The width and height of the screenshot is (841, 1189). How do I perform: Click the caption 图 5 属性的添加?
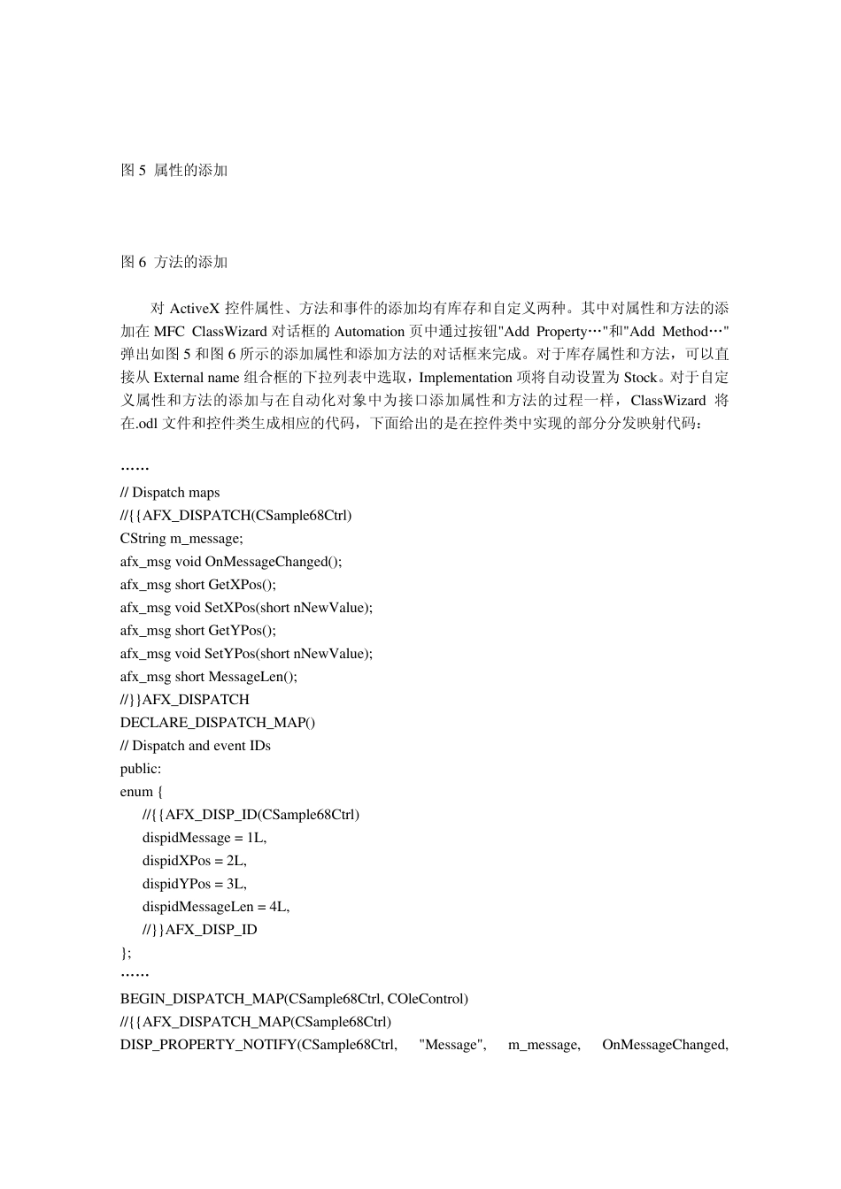(x=174, y=170)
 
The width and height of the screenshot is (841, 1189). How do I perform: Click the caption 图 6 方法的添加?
(x=174, y=262)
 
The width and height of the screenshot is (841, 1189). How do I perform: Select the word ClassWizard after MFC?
(x=229, y=332)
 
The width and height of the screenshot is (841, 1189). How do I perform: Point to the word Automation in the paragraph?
(x=369, y=332)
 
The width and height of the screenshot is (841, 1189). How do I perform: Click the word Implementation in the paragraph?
(x=465, y=378)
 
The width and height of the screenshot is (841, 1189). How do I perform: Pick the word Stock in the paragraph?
(x=640, y=378)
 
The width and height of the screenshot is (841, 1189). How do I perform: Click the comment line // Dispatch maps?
(x=170, y=493)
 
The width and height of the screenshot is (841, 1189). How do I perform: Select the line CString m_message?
(x=181, y=539)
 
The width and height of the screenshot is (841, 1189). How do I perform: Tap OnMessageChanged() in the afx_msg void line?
(x=273, y=562)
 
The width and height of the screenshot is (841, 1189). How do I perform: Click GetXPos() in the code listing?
(x=242, y=585)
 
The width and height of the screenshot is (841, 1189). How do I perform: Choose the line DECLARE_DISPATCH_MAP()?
(x=218, y=723)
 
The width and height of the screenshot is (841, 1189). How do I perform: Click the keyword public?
(x=141, y=769)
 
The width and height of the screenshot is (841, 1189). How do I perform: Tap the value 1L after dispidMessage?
(x=256, y=838)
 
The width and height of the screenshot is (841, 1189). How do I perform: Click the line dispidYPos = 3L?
(x=195, y=884)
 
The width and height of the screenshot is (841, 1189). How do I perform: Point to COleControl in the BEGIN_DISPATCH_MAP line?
(x=427, y=999)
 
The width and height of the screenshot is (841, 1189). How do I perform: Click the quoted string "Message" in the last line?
(x=452, y=1045)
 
